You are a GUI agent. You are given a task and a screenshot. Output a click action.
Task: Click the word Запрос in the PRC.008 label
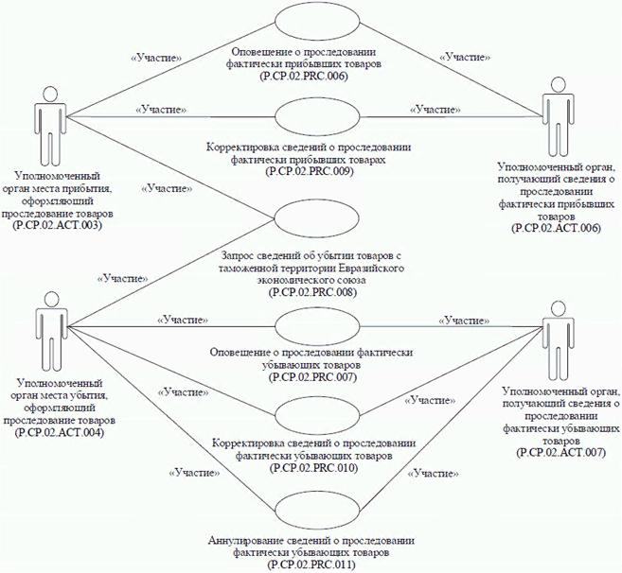(x=240, y=256)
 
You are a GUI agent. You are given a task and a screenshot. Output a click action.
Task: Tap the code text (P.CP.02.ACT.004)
(x=58, y=432)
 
